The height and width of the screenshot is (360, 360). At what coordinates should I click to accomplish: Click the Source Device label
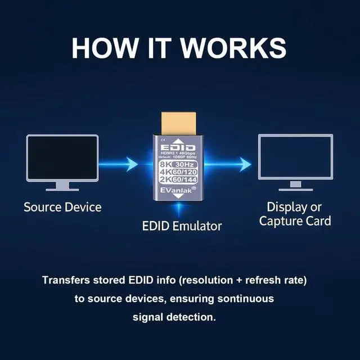(62, 207)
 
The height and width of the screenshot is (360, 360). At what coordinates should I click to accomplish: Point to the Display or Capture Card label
(295, 213)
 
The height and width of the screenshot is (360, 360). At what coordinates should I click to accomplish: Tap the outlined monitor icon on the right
(295, 157)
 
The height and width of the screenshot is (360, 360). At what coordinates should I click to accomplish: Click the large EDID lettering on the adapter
(179, 147)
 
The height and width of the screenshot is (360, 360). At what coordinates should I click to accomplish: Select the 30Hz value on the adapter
(186, 164)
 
